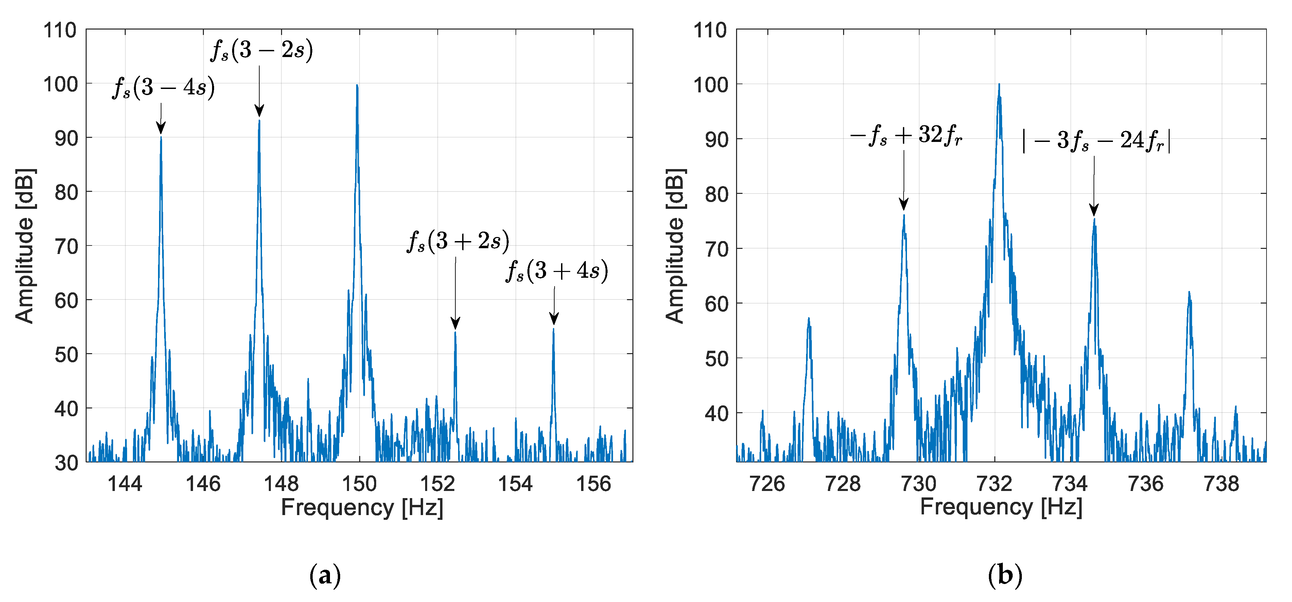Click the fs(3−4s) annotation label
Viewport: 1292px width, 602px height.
[163, 88]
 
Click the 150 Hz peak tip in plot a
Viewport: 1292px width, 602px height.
[357, 86]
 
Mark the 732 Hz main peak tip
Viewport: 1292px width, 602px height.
[999, 85]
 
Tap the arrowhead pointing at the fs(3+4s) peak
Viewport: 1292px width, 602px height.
[554, 319]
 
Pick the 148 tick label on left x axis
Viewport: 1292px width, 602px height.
[281, 484]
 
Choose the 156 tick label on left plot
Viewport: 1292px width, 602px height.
[593, 484]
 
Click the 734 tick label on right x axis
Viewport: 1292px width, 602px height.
[1070, 484]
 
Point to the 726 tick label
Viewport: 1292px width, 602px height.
[767, 484]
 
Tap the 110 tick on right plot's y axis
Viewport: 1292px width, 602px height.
[710, 31]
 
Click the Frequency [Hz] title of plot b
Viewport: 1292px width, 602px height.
[1001, 507]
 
